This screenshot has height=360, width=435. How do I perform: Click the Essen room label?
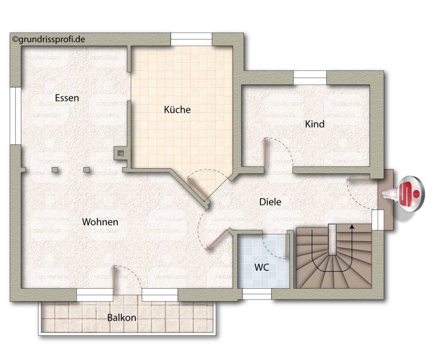pyautogui.click(x=67, y=98)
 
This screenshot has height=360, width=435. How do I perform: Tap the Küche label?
pyautogui.click(x=177, y=109)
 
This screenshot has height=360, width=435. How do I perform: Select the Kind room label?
pyautogui.click(x=315, y=124)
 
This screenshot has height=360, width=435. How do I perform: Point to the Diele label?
pyautogui.click(x=270, y=202)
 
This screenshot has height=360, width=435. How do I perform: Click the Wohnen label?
pyautogui.click(x=100, y=222)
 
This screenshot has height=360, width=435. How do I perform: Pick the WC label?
pyautogui.click(x=262, y=267)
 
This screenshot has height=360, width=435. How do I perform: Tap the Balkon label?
pyautogui.click(x=122, y=318)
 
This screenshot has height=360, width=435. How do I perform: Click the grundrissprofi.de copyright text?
pyautogui.click(x=49, y=40)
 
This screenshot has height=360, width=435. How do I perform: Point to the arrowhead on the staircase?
pyautogui.click(x=352, y=227)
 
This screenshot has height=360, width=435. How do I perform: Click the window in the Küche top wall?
pyautogui.click(x=191, y=39)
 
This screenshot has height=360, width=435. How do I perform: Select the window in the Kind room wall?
pyautogui.click(x=310, y=78)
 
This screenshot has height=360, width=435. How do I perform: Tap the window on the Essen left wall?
pyautogui.click(x=15, y=115)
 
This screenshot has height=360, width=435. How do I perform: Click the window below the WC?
pyautogui.click(x=257, y=294)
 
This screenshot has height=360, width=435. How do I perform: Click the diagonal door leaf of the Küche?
pyautogui.click(x=197, y=188)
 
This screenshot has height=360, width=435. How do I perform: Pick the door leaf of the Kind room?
pyautogui.click(x=266, y=153)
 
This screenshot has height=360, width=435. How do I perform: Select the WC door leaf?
pyautogui.click(x=286, y=246)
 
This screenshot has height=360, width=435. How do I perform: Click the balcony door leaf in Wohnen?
pyautogui.click(x=114, y=280)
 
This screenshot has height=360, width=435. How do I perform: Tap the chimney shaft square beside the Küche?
pyautogui.click(x=121, y=153)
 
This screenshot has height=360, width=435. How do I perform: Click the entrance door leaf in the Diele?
pyautogui.click(x=362, y=180)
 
